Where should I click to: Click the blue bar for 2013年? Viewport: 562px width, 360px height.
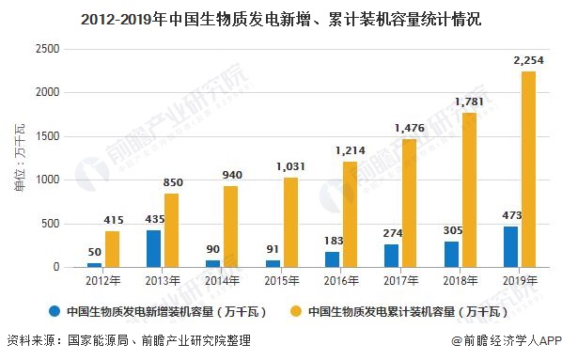coord(153,248)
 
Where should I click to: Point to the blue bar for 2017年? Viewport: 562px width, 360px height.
coord(392,256)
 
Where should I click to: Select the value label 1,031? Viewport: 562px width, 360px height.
coord(290,166)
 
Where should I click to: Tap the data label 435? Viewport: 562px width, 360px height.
coord(153,219)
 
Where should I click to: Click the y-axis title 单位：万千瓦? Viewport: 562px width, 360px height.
coord(20,160)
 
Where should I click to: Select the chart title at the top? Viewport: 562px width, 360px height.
coord(281,17)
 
